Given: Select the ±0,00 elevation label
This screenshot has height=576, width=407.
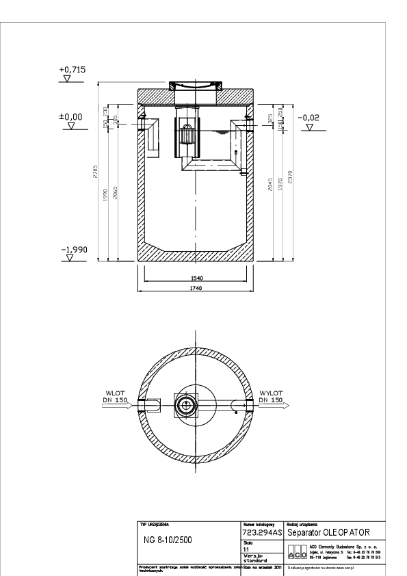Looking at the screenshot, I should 72,117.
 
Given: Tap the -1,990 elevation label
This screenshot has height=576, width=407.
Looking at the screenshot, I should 74,250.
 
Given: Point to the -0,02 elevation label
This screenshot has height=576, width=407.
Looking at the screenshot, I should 309,117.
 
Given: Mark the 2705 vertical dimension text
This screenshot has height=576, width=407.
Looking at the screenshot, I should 96,174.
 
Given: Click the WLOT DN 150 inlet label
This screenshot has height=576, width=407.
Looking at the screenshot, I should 112,397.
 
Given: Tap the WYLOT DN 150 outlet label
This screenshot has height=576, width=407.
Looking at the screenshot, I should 271,397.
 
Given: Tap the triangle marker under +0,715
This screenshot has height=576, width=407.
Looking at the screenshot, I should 67,79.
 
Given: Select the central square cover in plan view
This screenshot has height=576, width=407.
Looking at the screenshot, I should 185,405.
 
